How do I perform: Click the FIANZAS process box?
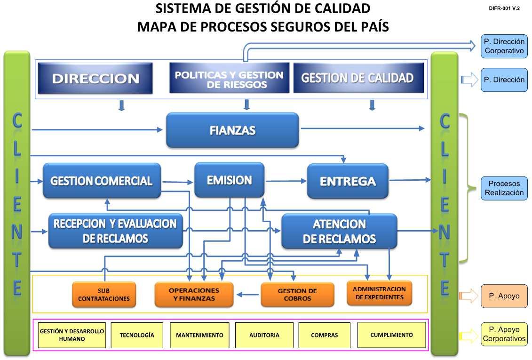(x=233, y=130)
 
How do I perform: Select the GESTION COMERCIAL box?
(x=102, y=181)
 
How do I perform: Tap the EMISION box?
(x=230, y=180)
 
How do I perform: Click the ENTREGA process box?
(x=348, y=181)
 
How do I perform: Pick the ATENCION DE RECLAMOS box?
(x=339, y=231)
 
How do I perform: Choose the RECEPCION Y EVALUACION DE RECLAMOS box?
(x=116, y=231)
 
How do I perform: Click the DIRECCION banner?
(x=96, y=79)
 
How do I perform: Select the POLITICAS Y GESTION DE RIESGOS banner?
(x=229, y=78)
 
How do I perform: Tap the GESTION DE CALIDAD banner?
(x=357, y=78)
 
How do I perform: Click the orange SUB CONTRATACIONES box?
(x=104, y=295)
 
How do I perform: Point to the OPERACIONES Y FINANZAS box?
(x=194, y=295)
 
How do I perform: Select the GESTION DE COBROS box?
(x=297, y=295)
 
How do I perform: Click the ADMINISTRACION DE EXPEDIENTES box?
(x=379, y=293)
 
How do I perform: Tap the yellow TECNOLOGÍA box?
(x=137, y=335)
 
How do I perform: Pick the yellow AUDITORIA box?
(x=264, y=335)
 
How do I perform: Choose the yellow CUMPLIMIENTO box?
(x=391, y=335)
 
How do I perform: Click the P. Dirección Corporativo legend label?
(x=504, y=46)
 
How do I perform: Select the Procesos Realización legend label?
(x=504, y=188)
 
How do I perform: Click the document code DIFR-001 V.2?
(x=504, y=8)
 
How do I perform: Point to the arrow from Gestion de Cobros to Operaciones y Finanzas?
(x=247, y=295)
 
